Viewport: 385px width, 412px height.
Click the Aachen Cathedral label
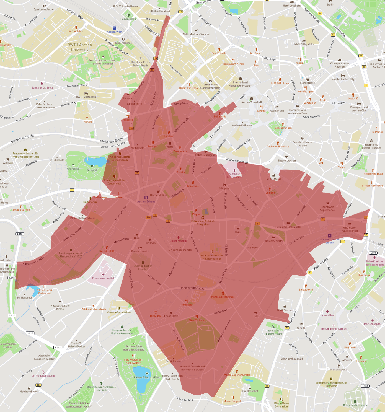[242, 125]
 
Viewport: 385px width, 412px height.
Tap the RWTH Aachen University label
[80, 47]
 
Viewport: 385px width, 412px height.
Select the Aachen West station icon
[114, 28]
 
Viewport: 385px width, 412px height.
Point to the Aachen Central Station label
[330, 241]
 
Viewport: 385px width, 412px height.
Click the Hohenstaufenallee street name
[192, 288]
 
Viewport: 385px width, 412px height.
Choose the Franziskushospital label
[103, 278]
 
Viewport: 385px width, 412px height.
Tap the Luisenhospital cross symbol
[178, 237]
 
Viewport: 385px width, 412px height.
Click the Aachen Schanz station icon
[146, 198]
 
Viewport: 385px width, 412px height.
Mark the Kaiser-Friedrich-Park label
[147, 377]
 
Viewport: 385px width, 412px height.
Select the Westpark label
[92, 170]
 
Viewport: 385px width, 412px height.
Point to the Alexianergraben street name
[237, 160]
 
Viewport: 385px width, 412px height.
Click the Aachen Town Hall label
[251, 102]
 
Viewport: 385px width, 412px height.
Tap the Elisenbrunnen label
[283, 128]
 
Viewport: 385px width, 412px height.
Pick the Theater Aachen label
[286, 160]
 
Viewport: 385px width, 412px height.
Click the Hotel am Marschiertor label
[288, 227]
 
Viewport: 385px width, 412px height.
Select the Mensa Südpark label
[232, 401]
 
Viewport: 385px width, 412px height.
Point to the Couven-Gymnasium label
[119, 312]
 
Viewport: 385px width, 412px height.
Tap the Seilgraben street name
[269, 58]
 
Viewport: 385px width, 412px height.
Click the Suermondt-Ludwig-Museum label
[373, 146]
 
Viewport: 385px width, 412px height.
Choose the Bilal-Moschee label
[123, 43]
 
